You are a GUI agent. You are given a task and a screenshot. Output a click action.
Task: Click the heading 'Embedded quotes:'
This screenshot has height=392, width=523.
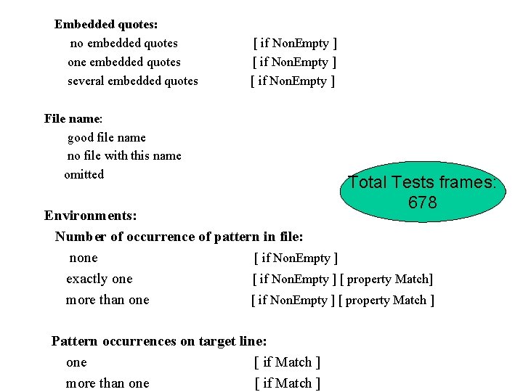click(x=106, y=24)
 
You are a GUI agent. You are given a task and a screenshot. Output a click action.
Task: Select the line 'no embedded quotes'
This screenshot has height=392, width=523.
click(x=123, y=43)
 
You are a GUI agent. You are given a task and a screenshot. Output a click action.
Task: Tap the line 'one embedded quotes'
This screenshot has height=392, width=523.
click(x=123, y=62)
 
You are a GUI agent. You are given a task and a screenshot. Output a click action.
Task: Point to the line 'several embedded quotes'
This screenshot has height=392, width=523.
click(x=132, y=81)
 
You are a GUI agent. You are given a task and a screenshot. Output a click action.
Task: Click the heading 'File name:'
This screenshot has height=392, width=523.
click(x=73, y=118)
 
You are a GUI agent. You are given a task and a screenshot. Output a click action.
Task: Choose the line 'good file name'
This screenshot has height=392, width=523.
click(x=106, y=137)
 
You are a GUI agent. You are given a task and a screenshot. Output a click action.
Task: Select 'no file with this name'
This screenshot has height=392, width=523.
click(x=124, y=155)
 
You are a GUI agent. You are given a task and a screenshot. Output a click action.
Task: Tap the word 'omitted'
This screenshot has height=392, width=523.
click(x=84, y=174)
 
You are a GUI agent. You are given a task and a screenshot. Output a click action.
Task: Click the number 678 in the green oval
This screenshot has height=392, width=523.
click(x=422, y=203)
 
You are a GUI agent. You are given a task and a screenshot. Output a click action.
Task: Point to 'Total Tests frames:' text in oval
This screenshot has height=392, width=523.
click(x=422, y=182)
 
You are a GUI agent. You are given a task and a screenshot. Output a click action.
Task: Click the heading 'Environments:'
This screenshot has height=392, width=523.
click(x=91, y=216)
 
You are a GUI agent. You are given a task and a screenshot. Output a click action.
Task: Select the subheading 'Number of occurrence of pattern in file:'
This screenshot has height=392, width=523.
click(x=179, y=237)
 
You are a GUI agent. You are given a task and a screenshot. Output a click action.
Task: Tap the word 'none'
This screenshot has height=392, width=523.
click(x=84, y=258)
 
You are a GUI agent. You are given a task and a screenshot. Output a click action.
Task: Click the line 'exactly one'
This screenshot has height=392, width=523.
click(x=100, y=279)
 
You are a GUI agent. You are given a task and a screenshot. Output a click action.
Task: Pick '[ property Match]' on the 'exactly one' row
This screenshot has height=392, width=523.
click(x=386, y=279)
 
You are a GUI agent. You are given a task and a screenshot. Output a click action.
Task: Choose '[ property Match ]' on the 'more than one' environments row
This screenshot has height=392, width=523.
click(x=386, y=300)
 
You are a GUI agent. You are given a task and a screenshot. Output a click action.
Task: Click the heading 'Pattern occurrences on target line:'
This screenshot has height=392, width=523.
click(x=159, y=340)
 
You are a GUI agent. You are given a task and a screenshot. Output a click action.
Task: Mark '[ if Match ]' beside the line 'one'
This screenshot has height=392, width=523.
click(x=287, y=362)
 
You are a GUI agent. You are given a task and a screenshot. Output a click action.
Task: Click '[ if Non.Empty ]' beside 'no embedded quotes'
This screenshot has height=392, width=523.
click(x=294, y=43)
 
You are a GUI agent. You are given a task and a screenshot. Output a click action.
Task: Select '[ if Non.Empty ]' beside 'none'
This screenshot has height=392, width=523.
click(x=296, y=258)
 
